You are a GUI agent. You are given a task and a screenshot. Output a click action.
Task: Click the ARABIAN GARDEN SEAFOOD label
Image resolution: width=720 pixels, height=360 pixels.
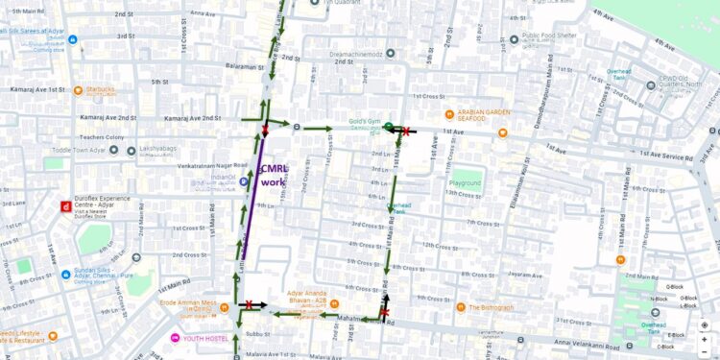[484, 115]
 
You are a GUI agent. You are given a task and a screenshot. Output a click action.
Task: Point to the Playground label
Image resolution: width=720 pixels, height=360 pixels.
[465, 182]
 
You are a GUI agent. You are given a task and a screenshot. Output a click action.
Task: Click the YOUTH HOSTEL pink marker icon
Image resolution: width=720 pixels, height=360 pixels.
[175, 338]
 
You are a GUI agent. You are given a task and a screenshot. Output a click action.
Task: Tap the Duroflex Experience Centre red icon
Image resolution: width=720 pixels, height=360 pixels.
[65, 206]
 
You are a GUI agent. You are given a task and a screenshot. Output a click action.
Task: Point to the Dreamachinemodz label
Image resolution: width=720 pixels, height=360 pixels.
[356, 55]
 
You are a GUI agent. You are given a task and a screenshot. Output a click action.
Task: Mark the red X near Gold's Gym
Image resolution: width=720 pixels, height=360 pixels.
[406, 131]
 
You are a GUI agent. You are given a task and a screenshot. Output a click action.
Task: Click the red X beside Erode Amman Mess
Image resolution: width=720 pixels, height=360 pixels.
[250, 304]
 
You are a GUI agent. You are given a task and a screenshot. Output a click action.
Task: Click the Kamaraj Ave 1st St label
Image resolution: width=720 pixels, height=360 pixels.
[38, 88]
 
